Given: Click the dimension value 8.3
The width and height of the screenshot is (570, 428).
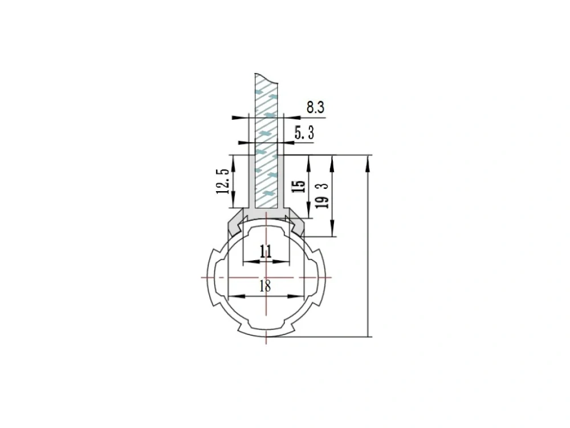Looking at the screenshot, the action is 315,107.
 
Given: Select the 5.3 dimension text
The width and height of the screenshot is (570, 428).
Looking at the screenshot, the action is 304,133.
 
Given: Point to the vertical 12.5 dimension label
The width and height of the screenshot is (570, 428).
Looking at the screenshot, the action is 223,181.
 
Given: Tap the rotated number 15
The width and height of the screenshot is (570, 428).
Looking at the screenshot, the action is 299,187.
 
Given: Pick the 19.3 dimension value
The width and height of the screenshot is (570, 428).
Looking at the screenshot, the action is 322,195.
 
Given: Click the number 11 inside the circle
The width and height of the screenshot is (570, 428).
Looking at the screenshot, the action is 266,251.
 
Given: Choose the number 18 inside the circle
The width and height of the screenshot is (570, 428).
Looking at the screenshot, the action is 266,286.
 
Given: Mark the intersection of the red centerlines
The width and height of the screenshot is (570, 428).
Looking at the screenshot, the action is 266,278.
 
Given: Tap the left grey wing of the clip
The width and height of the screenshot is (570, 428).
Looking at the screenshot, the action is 237,223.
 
